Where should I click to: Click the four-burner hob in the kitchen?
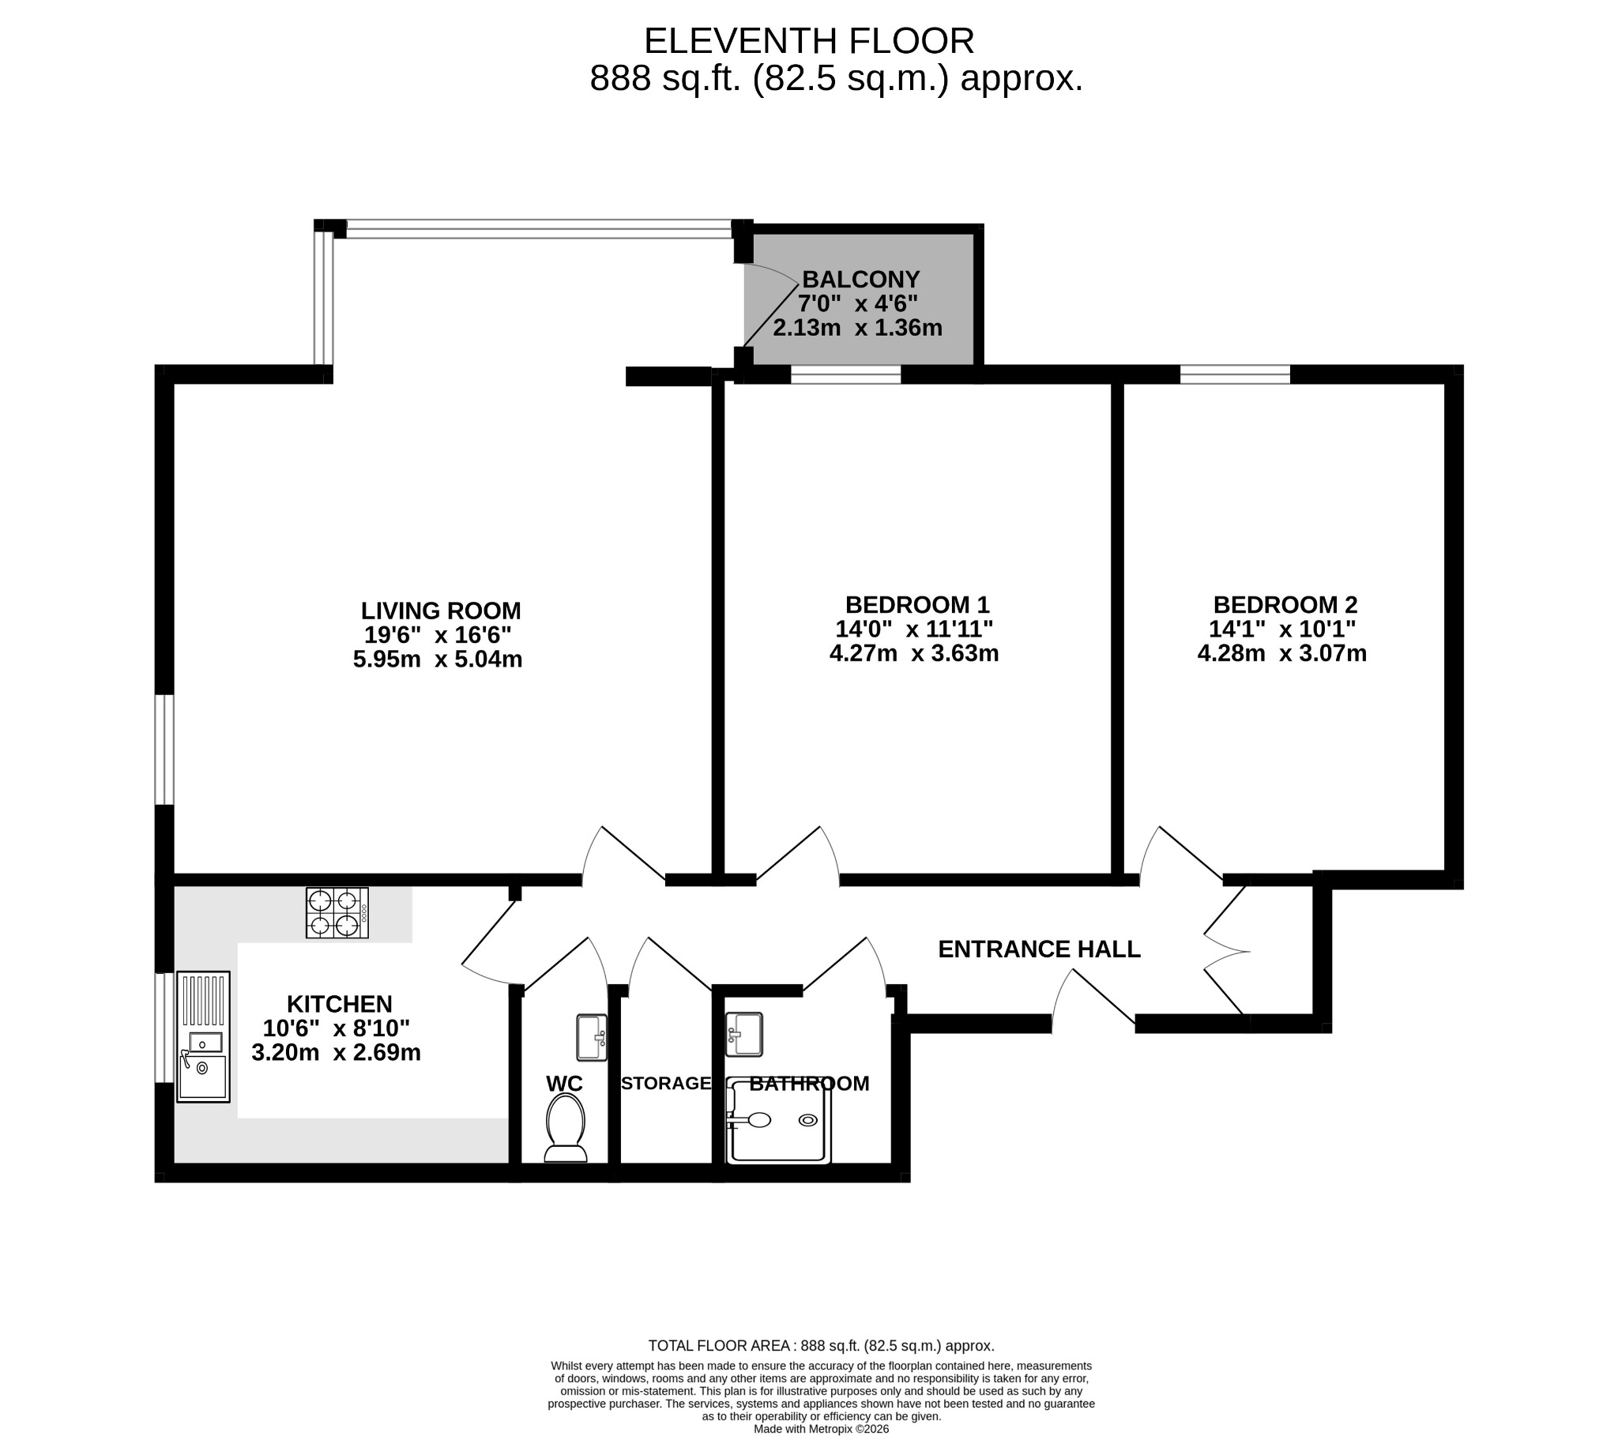point(337,913)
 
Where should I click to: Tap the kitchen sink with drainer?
point(204,1036)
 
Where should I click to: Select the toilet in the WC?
point(566,1128)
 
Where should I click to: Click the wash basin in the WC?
point(592,1037)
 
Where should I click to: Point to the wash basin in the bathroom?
point(744,1034)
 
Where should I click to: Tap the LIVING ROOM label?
point(441,611)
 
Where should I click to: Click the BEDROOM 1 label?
point(917,605)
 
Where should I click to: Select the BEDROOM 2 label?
point(1285,605)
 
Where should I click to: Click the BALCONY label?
point(861,280)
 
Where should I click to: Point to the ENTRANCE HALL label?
point(1040,949)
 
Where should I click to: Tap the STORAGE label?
point(666,1083)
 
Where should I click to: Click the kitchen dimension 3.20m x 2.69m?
point(337,1053)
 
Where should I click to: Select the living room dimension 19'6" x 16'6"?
point(438,635)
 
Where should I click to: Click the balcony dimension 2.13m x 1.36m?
point(858,328)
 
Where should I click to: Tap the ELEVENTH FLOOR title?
point(809,41)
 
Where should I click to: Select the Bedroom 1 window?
point(846,374)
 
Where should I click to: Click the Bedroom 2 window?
point(1235,374)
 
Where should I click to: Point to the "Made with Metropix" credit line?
point(822,1429)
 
